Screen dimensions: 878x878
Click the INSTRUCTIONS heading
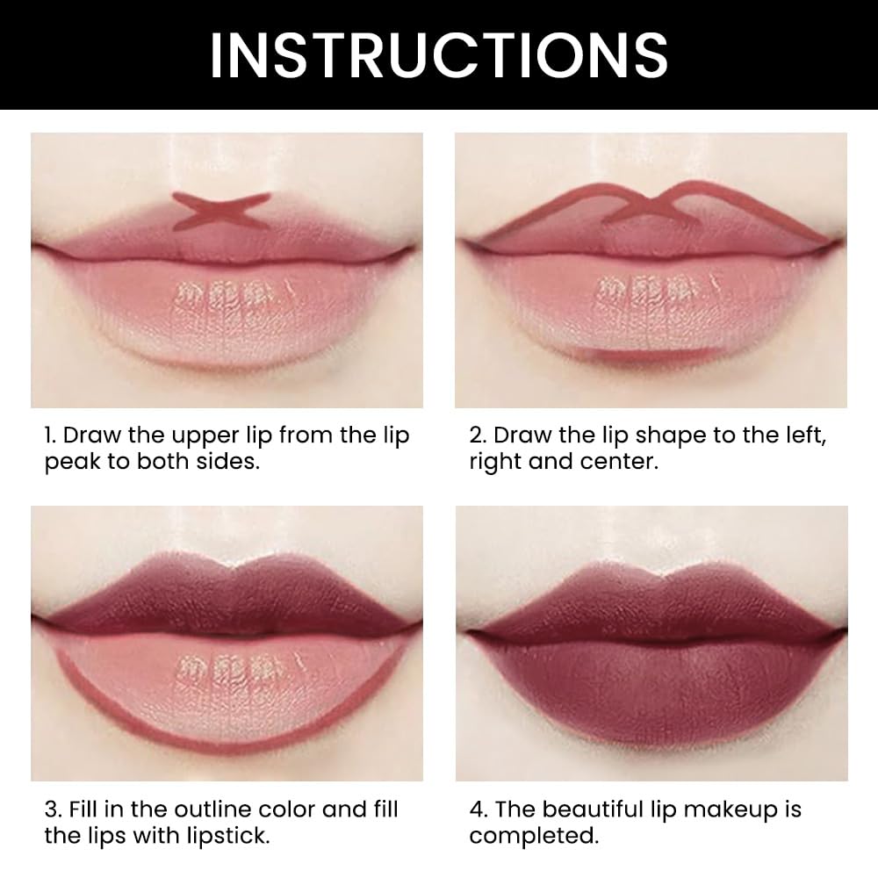(438, 54)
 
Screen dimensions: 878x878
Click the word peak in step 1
(72, 462)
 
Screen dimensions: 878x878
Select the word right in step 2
(496, 462)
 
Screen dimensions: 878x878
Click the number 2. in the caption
(477, 436)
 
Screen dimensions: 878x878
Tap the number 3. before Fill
(52, 810)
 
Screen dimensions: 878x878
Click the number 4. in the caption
(477, 810)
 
